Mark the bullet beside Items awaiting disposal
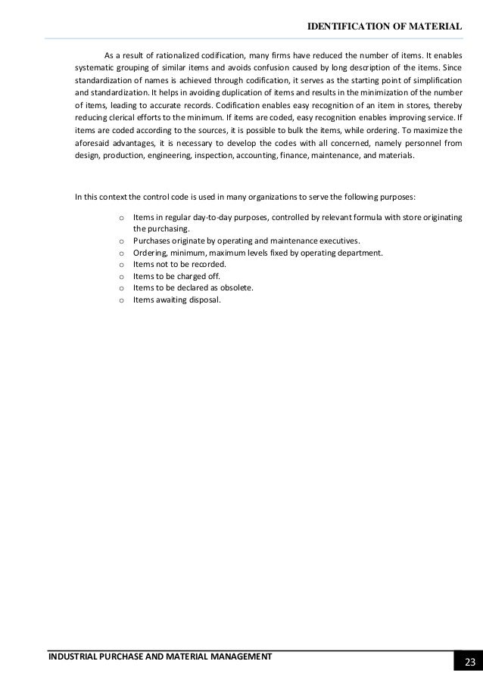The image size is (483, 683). [121, 300]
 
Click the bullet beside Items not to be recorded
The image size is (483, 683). [121, 265]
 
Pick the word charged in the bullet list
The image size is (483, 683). [180, 276]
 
